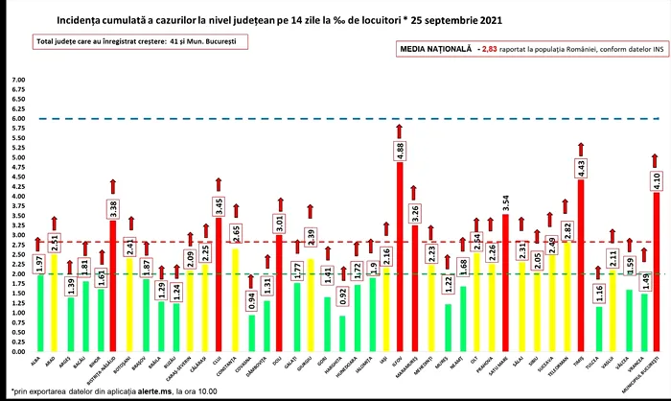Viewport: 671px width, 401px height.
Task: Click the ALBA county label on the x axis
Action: point(36,361)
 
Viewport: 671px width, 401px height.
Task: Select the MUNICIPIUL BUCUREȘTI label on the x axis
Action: point(649,370)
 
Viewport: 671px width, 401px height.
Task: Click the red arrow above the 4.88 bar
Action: point(399,130)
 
